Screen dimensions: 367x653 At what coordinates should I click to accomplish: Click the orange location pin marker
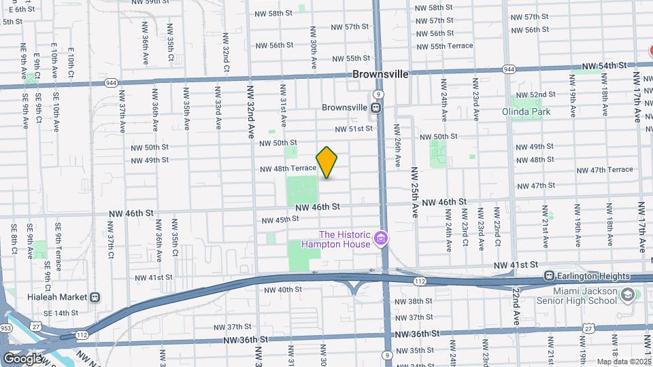coord(326,162)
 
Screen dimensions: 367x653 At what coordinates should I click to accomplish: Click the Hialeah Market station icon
coord(95,297)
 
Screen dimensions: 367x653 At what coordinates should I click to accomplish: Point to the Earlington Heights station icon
coord(548,277)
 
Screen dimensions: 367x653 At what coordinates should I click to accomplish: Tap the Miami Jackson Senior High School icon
coord(627,295)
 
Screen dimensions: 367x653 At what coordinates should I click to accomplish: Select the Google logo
coord(22,358)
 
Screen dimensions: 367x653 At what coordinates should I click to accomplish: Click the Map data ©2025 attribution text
coord(624,362)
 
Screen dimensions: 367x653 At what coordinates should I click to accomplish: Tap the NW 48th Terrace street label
coord(288,168)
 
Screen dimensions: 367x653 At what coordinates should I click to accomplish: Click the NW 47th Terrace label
coord(607,169)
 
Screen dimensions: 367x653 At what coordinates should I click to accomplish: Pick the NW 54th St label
coord(603,65)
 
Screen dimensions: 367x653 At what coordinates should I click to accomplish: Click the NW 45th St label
coord(281,220)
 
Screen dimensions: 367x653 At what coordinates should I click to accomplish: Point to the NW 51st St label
coord(354,128)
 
